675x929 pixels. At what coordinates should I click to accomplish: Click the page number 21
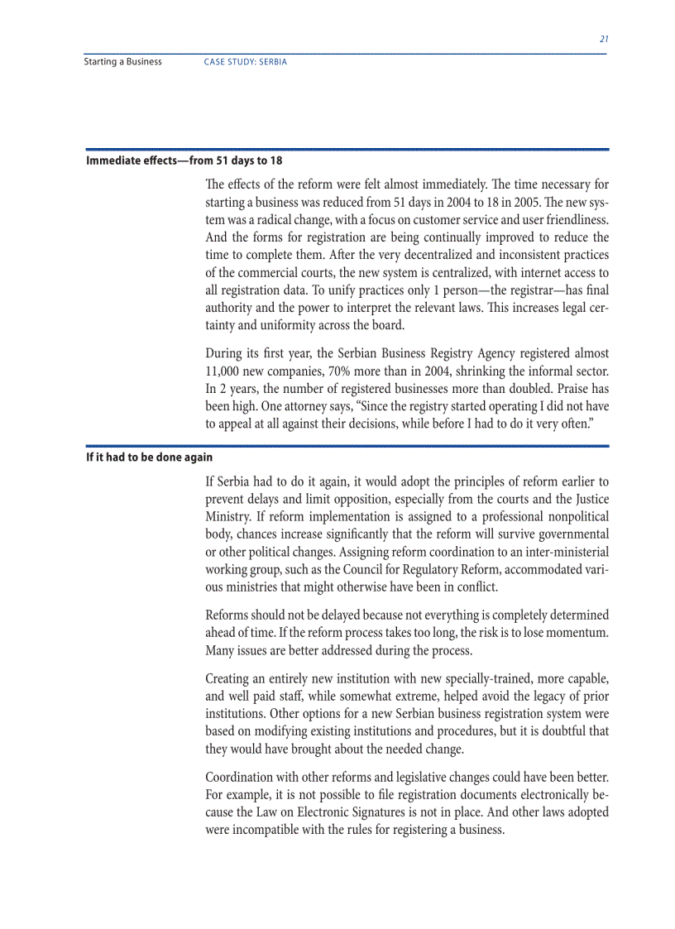click(x=604, y=39)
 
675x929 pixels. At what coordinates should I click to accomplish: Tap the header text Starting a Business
click(x=123, y=62)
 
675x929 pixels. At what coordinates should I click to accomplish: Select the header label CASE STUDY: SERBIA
click(x=246, y=62)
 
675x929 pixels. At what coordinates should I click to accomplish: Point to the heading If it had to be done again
click(x=150, y=457)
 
